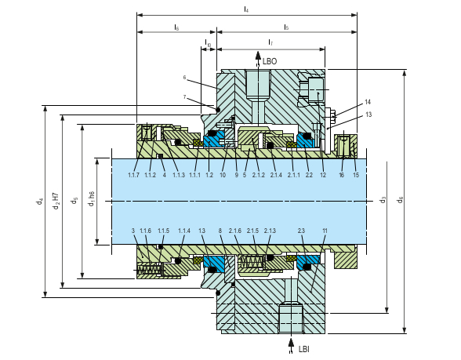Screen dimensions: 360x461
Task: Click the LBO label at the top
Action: click(x=270, y=60)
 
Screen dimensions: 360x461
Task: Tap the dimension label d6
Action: click(x=401, y=200)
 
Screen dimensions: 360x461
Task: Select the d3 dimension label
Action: click(x=383, y=200)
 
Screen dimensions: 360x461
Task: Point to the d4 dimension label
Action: click(x=40, y=202)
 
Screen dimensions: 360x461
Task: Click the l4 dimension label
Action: click(x=246, y=9)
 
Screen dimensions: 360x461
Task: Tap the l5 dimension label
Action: click(x=286, y=27)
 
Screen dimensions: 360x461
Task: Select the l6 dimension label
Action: click(x=176, y=27)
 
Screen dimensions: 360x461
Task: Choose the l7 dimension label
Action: click(x=270, y=41)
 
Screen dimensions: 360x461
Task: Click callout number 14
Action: click(x=368, y=102)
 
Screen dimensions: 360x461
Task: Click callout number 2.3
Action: click(x=300, y=231)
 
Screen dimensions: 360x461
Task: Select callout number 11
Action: click(x=325, y=231)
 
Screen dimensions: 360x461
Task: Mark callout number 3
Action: click(x=133, y=231)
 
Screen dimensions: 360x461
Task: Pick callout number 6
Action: click(x=184, y=78)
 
